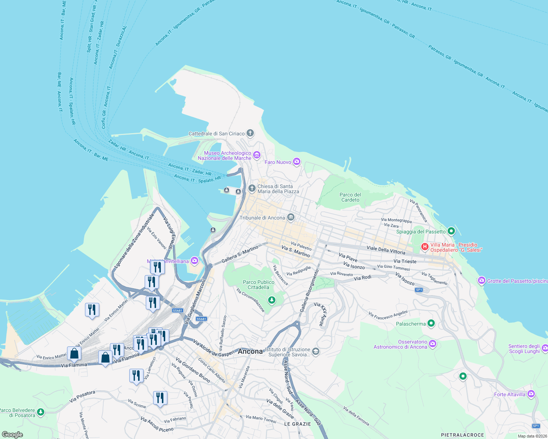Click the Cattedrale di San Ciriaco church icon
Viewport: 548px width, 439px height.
(250, 133)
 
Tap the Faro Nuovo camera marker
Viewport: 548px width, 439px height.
(297, 162)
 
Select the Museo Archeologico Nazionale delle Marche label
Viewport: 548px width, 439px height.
(225, 156)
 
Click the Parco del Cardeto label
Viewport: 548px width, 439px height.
(350, 198)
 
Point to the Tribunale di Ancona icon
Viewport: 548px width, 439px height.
(291, 218)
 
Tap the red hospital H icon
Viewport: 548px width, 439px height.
(425, 247)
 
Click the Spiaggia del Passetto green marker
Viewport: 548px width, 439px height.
(451, 231)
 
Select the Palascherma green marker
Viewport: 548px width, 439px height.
(431, 323)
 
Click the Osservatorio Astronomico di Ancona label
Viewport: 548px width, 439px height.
(400, 345)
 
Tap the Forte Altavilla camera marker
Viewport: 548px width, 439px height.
(531, 394)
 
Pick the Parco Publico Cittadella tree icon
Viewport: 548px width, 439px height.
(271, 300)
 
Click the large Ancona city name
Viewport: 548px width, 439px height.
(250, 352)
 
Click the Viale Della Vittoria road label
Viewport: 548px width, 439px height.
(386, 250)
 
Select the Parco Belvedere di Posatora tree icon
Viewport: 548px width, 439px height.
(41, 412)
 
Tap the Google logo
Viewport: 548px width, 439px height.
(12, 435)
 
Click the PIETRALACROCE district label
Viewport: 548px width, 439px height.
(462, 435)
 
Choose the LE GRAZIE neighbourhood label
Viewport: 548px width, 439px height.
(297, 424)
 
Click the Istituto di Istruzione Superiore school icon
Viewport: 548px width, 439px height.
(316, 352)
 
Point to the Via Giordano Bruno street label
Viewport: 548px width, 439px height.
(193, 370)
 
